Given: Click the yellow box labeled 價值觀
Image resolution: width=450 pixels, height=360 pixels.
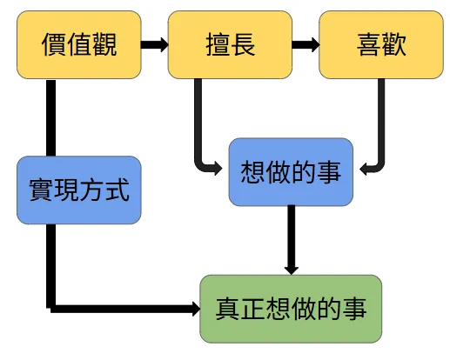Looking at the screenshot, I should tap(78, 44).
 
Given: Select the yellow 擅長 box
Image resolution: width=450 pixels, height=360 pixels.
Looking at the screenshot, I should tap(230, 44).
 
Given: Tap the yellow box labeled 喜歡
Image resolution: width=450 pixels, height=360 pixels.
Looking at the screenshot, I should tap(379, 44).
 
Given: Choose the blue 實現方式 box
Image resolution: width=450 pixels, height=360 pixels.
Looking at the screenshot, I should tap(78, 190).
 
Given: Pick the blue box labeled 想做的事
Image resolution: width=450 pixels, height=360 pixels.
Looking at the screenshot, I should tap(291, 171).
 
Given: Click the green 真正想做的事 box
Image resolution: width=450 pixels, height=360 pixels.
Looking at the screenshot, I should tap(291, 308).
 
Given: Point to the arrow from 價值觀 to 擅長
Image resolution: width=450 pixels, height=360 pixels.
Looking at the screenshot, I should tap(154, 44).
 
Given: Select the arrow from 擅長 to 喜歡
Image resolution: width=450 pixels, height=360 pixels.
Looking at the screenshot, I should tap(305, 44).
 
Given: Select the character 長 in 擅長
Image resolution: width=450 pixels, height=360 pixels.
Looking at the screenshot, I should tap(243, 44).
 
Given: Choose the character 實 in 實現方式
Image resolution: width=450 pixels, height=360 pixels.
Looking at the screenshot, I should tap(40, 190).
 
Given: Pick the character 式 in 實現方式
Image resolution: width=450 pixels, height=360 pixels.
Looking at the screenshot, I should tap(117, 190).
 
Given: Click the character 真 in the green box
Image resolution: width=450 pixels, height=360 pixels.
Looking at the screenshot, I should tap(228, 308).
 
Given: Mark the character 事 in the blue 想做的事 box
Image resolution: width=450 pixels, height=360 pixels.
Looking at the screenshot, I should tap(329, 171).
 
